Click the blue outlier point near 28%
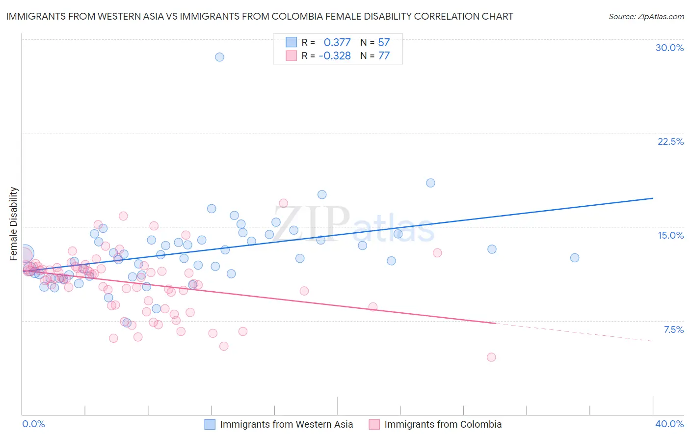pos(219,57)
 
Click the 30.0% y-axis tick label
pos(669,48)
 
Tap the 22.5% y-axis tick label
pos(670,141)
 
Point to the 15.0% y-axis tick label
pos(670,235)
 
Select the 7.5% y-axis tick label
pos(673,329)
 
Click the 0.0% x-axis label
pos(33,424)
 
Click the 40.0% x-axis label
pos(669,424)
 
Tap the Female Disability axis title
pos(14,223)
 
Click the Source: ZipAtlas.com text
pos(646,17)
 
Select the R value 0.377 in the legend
pos(337,42)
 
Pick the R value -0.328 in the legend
pos(335,56)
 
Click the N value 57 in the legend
pos(384,42)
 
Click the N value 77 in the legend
pos(384,56)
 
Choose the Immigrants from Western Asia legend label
pos(286,424)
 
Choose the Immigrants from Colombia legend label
pos(443,424)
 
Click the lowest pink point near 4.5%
pos(491,357)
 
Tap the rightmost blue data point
pos(575,258)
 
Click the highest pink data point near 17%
pos(283,203)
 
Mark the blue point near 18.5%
pos(430,183)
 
